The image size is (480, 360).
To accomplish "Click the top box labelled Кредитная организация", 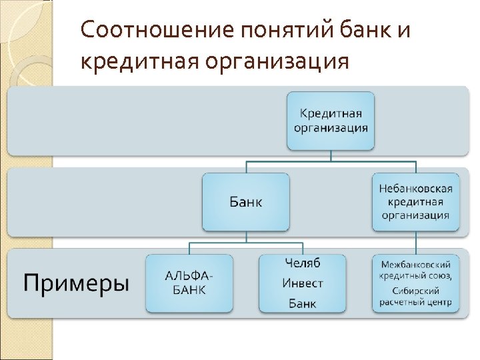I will tap(331, 121).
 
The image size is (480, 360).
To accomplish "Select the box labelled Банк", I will tap(246, 202).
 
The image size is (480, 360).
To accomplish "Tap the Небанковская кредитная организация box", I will tap(415, 202).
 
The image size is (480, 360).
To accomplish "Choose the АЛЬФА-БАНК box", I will tap(189, 283).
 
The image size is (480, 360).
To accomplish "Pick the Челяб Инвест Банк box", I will tap(302, 283).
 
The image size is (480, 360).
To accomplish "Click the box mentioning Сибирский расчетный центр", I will tap(415, 283).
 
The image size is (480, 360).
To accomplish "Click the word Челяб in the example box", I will tap(303, 262).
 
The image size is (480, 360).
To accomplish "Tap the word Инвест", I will tap(303, 283).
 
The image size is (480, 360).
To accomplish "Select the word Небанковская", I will tap(415, 188).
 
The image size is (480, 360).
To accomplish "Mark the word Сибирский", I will tap(415, 291).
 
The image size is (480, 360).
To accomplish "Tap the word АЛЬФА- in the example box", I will tap(189, 276).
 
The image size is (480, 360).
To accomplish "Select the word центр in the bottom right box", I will tap(438, 303).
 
